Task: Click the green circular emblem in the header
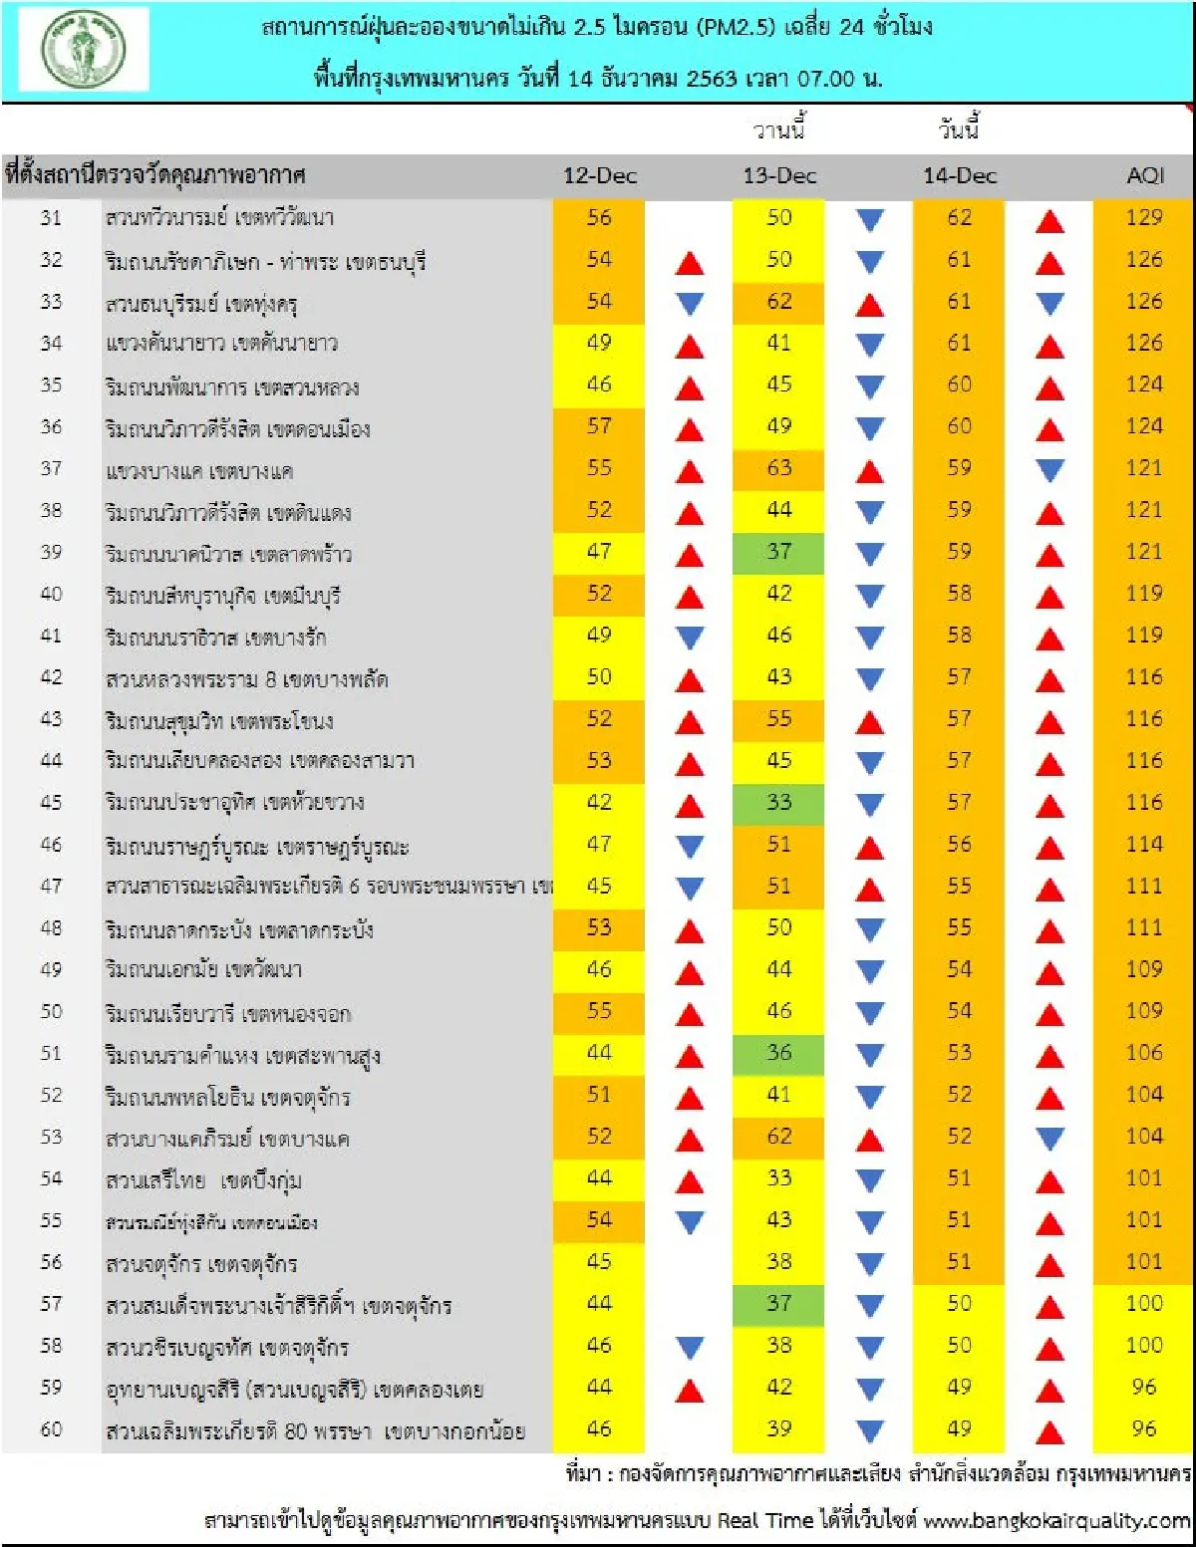click(84, 50)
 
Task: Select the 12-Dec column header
click(599, 176)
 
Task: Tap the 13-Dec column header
click(779, 176)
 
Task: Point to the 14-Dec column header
click(959, 176)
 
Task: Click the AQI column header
click(1144, 176)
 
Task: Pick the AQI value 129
click(1143, 218)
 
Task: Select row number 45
click(51, 803)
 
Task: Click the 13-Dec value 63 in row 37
click(778, 468)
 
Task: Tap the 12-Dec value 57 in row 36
click(599, 426)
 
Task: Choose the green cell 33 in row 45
click(778, 803)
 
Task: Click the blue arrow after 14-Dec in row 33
click(1049, 303)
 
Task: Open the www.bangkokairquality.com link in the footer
click(1056, 1521)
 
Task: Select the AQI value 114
click(1143, 845)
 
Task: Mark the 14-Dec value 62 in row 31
click(959, 218)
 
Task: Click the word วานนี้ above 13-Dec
click(778, 129)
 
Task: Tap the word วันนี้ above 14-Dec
click(959, 129)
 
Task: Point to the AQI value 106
click(1143, 1053)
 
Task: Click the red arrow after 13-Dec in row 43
click(869, 721)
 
